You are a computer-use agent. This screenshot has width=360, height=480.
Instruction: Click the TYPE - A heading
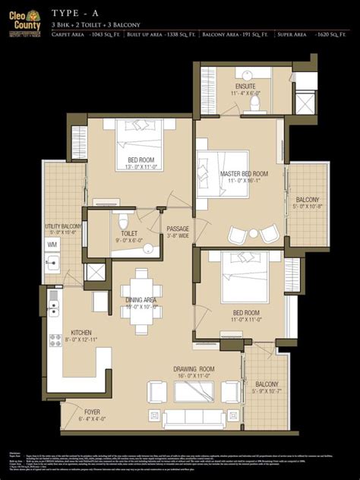pyautogui.click(x=76, y=14)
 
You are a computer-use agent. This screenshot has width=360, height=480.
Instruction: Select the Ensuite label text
pyautogui.click(x=245, y=87)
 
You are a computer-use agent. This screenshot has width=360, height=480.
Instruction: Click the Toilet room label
pyautogui.click(x=129, y=234)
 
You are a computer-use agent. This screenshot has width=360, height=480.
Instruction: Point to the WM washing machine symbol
pyautogui.click(x=52, y=245)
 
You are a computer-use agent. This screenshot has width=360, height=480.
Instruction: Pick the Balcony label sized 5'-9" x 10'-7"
pyautogui.click(x=267, y=384)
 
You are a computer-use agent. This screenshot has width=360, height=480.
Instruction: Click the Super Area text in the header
pyautogui.click(x=292, y=35)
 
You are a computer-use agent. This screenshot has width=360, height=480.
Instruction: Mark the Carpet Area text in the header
pyautogui.click(x=68, y=35)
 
